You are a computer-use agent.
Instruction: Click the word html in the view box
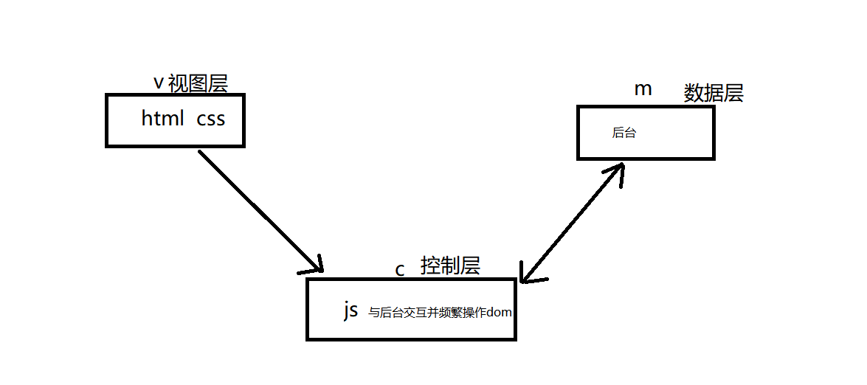coord(162,118)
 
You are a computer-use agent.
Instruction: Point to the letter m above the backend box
coord(643,89)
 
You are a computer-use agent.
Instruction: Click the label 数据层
coord(714,93)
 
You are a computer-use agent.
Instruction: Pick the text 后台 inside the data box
coord(624,133)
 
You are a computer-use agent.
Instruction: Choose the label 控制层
coord(450,266)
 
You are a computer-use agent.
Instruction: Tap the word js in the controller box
coord(350,311)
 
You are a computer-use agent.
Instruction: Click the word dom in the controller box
coord(500,313)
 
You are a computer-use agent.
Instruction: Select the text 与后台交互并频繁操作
coord(427,313)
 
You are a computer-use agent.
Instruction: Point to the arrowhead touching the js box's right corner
coord(528,274)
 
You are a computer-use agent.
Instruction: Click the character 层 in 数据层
coord(733,93)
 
